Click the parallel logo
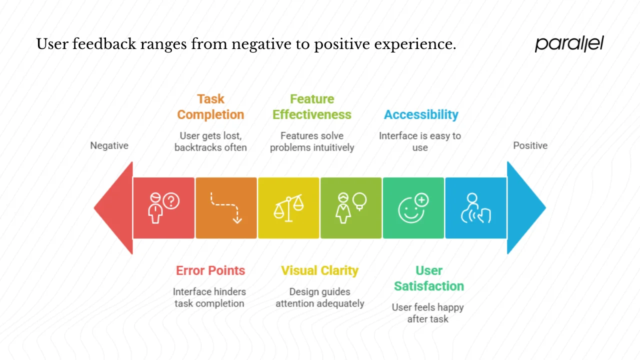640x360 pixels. (x=569, y=44)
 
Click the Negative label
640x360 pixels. (x=109, y=145)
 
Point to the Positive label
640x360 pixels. (x=530, y=145)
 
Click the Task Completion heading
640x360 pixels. (x=210, y=107)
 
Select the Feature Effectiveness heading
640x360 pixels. (x=312, y=107)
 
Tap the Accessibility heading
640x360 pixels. (x=421, y=114)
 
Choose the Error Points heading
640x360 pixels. (x=210, y=270)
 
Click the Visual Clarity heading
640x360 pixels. (x=319, y=270)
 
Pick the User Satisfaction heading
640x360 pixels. (x=428, y=278)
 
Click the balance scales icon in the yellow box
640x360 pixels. (x=288, y=208)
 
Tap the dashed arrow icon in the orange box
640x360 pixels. (x=226, y=208)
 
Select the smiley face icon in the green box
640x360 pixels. (x=413, y=208)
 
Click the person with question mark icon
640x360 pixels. (x=163, y=208)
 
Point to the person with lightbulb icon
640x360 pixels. (x=351, y=208)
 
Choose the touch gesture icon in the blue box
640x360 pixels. (x=475, y=208)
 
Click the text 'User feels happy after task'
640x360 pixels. (x=427, y=313)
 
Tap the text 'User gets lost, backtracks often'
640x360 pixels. (x=210, y=141)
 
